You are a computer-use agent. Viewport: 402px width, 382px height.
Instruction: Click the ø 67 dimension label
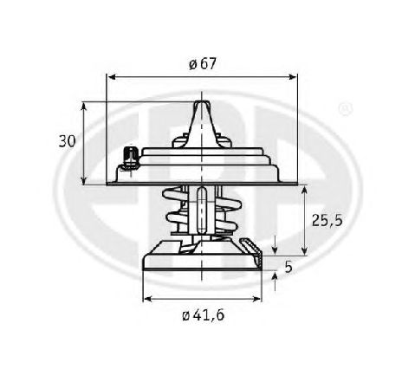coord(202,63)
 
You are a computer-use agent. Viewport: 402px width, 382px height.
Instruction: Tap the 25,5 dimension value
coord(326,220)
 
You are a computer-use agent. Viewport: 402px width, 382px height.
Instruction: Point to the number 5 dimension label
coord(289,268)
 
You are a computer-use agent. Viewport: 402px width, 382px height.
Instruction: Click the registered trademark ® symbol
coord(344,110)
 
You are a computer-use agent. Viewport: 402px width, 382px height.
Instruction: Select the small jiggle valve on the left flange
coord(129,158)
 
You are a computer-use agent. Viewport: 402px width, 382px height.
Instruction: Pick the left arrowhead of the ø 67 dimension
coord(110,76)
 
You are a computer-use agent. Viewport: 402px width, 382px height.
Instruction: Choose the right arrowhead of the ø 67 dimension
coord(294,76)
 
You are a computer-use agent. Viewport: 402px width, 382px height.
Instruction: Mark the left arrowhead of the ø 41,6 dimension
coord(146,300)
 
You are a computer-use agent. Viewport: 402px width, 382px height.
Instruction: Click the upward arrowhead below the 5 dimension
coord(276,276)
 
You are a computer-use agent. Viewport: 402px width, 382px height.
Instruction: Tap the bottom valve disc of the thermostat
coord(201,260)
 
